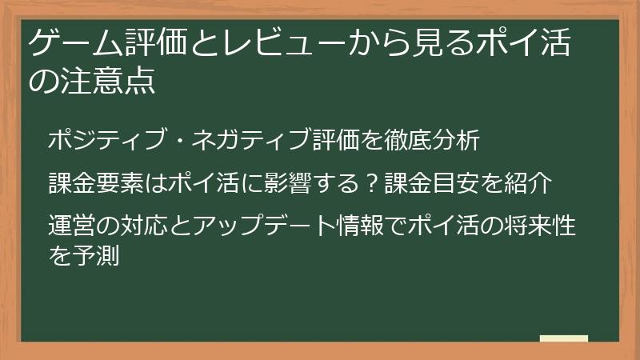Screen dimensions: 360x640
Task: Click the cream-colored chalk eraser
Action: pyautogui.click(x=563, y=339)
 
